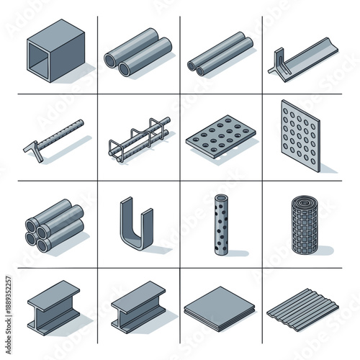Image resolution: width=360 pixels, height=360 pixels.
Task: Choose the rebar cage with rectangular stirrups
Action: [x=138, y=138]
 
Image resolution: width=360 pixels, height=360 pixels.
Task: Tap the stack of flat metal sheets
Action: [x=219, y=306]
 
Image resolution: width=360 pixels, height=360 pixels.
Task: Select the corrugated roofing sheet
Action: [x=302, y=308]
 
